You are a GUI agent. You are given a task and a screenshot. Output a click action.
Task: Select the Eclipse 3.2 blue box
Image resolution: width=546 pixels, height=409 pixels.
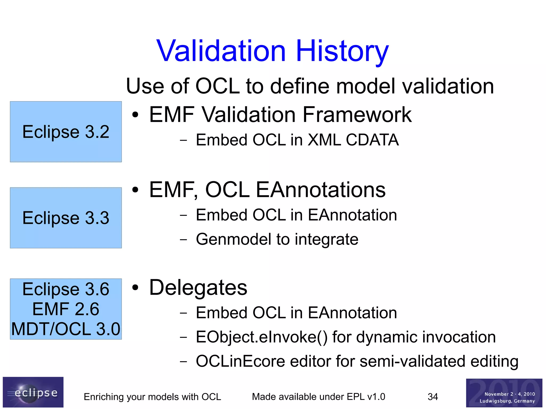pos(66,132)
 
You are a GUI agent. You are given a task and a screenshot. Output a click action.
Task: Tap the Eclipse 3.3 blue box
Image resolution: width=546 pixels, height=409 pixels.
pos(66,218)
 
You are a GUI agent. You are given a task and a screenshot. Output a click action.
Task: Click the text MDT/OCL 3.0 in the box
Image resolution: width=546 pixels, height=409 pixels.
pos(66,329)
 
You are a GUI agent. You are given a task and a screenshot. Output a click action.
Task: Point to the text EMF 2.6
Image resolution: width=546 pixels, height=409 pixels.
pos(66,309)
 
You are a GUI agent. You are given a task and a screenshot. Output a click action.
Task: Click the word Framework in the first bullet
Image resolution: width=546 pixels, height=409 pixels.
pos(357,115)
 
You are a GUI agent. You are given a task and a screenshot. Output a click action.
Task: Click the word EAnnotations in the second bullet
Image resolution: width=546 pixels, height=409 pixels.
pos(320,190)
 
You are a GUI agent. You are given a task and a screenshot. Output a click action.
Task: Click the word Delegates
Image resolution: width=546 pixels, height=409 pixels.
pos(198,287)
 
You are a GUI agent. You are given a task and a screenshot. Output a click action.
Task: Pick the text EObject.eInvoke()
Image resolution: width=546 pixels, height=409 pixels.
pos(261,337)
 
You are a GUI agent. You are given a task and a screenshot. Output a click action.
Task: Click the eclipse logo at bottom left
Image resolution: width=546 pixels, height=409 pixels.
pos(33,392)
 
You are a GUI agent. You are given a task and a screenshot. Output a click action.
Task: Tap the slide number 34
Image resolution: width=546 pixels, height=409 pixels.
pos(433,397)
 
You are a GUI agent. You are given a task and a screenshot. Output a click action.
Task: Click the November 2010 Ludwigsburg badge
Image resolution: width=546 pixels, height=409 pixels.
pos(504,393)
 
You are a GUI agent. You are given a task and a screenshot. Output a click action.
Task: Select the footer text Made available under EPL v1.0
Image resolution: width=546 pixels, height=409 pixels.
pos(318,397)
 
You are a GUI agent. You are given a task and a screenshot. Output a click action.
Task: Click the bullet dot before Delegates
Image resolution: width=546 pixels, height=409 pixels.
pos(135,287)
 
